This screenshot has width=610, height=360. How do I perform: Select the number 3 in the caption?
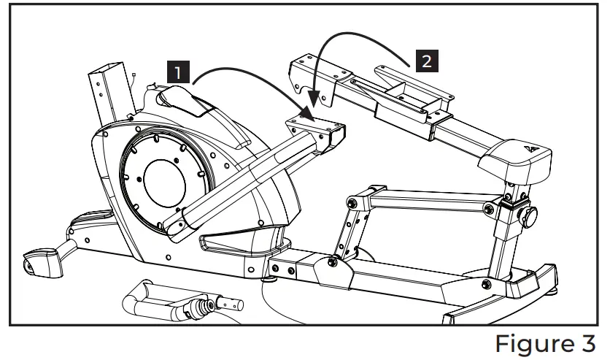586,342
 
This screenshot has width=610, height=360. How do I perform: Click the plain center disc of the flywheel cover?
166,178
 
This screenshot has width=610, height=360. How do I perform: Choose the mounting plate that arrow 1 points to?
317,128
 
